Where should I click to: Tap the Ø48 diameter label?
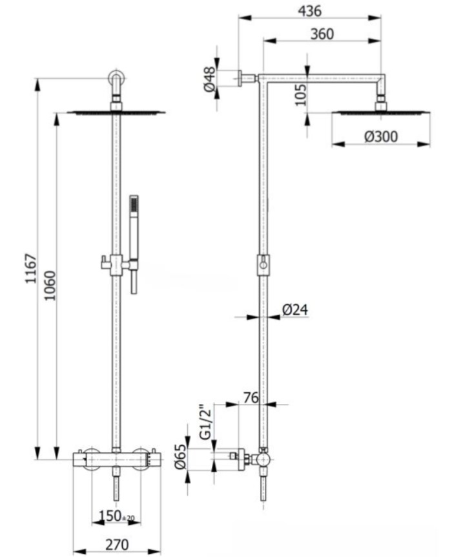pos(210,79)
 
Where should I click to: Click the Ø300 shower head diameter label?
pos(380,136)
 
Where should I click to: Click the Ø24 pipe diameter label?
pos(295,310)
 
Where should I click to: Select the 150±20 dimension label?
pos(116,516)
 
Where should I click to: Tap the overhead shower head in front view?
pos(116,111)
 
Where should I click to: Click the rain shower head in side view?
pos(380,111)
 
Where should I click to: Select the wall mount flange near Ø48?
pos(239,78)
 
